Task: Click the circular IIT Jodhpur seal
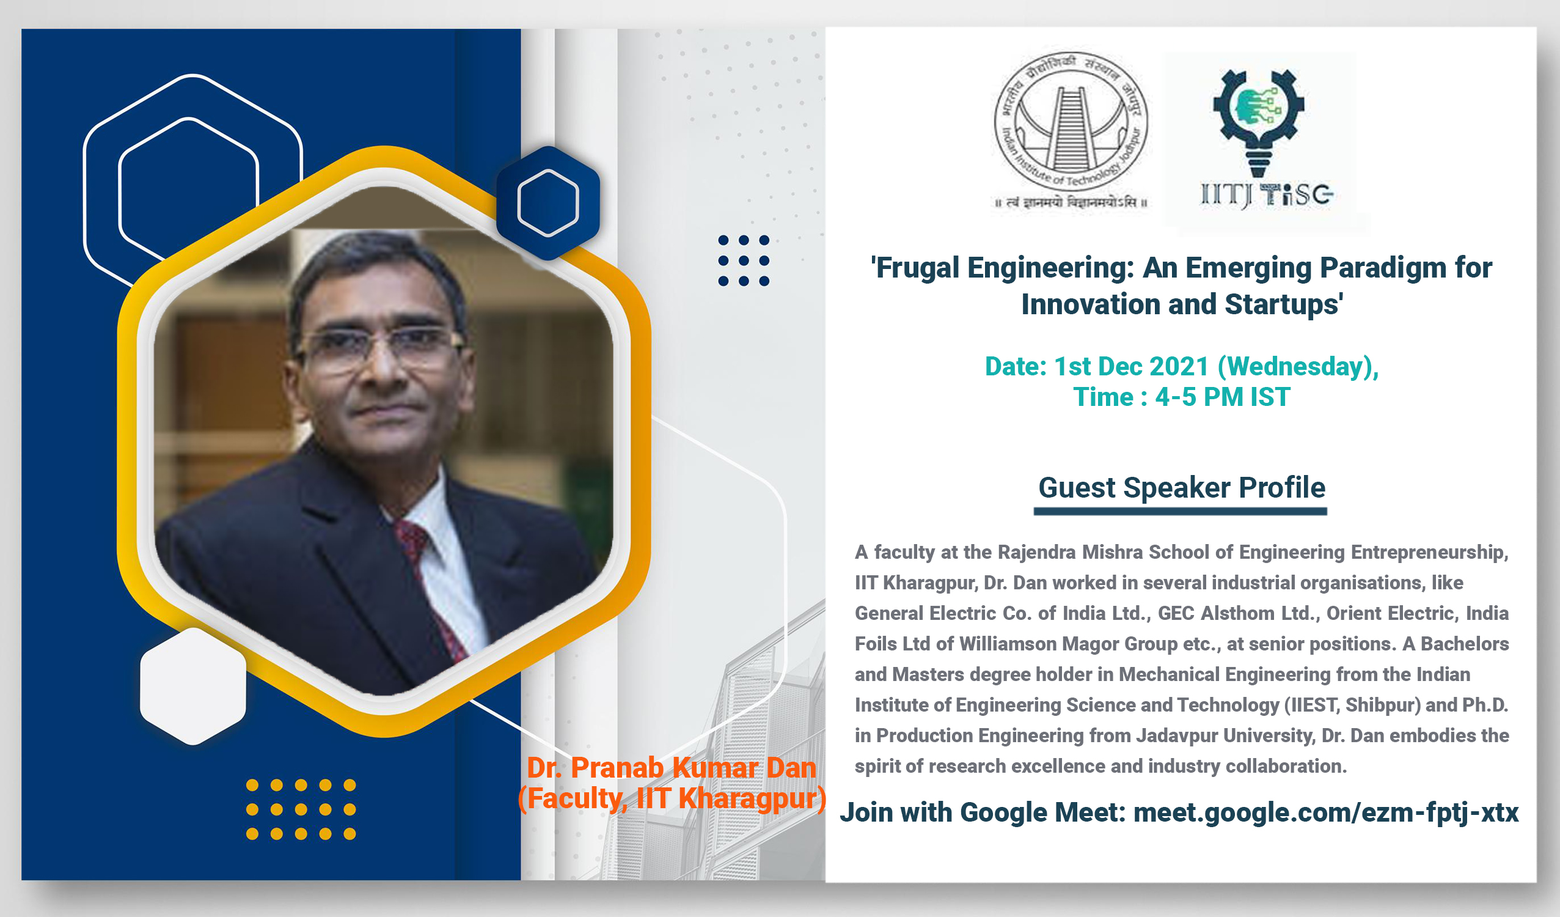click(1071, 121)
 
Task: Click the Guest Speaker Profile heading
click(1181, 488)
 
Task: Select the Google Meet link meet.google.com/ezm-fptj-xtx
click(1325, 812)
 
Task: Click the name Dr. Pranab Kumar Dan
click(671, 768)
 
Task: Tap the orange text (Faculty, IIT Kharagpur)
click(672, 798)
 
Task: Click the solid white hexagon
click(193, 686)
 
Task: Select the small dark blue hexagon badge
click(548, 203)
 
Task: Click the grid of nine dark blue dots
click(744, 260)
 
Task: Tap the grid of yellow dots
click(301, 809)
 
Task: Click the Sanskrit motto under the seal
click(1071, 202)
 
